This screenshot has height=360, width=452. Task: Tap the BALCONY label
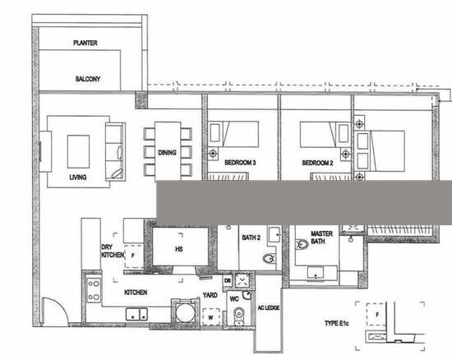pos(87,79)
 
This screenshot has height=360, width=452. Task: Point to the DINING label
pos(168,153)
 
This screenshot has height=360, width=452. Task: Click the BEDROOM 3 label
pos(241,163)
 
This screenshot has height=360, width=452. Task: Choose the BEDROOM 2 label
pos(317,163)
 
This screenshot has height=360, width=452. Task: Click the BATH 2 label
pos(251,238)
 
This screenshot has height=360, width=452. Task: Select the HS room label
pos(178,248)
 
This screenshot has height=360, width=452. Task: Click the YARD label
pos(210,293)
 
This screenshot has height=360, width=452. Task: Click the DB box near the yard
pos(227,281)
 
